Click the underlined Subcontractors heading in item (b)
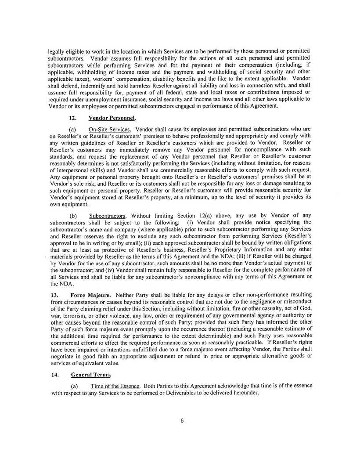(108, 216)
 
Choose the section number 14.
(54, 375)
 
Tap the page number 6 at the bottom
(182, 420)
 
